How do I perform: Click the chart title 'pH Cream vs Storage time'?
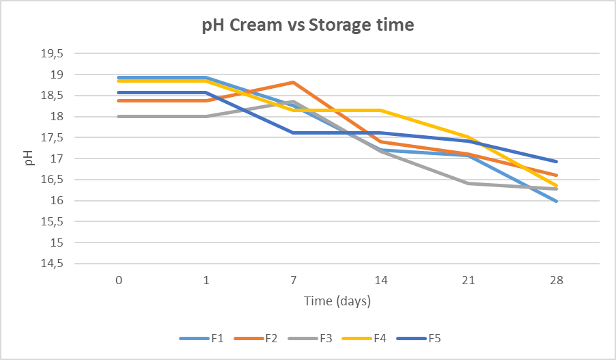coord(307,26)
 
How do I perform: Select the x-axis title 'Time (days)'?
coord(337,301)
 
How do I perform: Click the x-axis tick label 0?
coord(119,280)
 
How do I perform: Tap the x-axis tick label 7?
coord(294,280)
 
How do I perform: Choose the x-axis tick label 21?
coord(469,280)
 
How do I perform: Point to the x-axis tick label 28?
coord(557,280)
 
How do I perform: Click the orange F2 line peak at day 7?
coord(294,82)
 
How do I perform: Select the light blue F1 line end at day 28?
coord(557,202)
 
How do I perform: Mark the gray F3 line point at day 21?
coord(469,183)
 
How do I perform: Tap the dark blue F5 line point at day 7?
coord(294,133)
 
